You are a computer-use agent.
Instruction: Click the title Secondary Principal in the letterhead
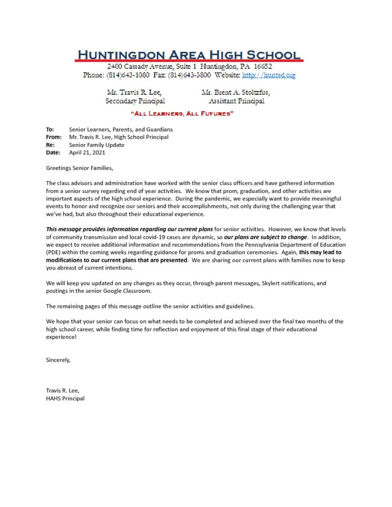(135, 101)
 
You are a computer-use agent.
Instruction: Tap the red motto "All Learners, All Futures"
(181, 114)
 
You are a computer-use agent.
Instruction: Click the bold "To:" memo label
(50, 129)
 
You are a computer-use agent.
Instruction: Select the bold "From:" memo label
(54, 137)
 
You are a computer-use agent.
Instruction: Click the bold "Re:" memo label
(50, 145)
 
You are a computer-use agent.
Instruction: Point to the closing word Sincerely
(58, 360)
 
